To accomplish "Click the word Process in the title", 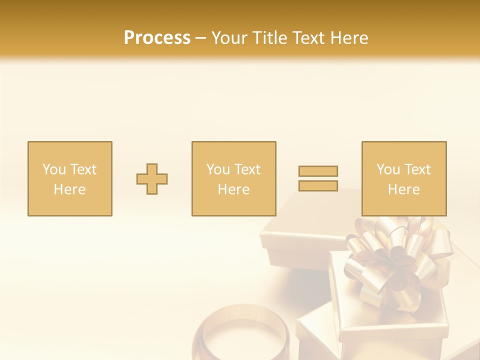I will (x=157, y=38).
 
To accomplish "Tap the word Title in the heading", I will (x=267, y=38).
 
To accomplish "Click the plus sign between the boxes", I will (x=152, y=179).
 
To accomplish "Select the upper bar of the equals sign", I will (x=318, y=171).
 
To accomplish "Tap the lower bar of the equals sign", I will (x=318, y=186).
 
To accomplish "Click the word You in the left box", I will (x=54, y=169).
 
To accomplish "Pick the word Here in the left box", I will (x=69, y=189).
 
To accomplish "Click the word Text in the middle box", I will (x=247, y=169).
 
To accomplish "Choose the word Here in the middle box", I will (x=233, y=189).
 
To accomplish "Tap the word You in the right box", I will (x=388, y=169).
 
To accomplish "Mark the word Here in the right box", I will (x=403, y=189).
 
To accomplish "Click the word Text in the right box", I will (x=417, y=169).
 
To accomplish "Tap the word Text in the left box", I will (x=83, y=169).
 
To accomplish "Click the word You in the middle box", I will (x=218, y=169).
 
